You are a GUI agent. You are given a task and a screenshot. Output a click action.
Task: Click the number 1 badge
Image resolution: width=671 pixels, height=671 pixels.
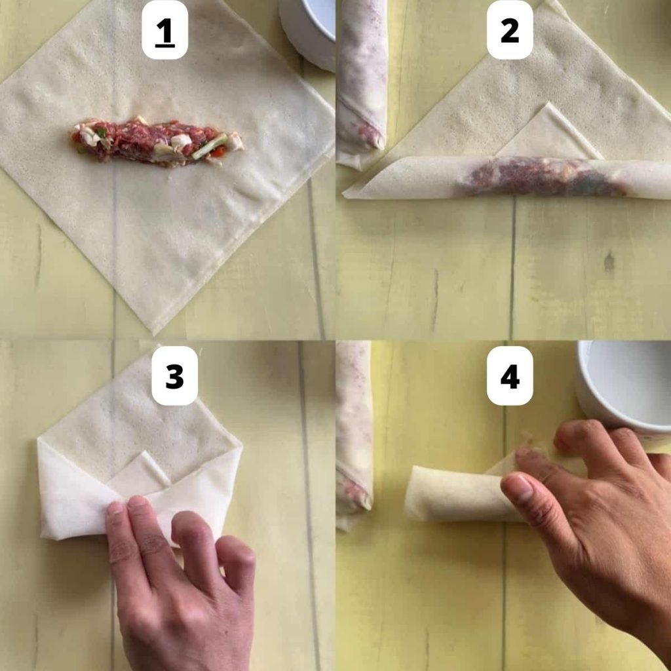click(164, 30)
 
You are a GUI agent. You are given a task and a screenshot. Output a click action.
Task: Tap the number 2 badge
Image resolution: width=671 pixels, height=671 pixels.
click(509, 30)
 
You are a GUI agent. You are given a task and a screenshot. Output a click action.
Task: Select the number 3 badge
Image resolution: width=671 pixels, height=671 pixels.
click(174, 375)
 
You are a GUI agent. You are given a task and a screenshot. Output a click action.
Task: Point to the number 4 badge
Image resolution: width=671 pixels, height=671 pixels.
click(509, 375)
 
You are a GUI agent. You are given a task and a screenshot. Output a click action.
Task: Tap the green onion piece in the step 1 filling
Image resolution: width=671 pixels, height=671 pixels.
click(211, 146)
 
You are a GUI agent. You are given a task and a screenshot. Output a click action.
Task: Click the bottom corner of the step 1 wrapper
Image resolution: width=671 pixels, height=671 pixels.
click(155, 330)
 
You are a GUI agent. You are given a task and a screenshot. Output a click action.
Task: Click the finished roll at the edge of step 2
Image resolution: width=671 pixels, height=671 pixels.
click(362, 79)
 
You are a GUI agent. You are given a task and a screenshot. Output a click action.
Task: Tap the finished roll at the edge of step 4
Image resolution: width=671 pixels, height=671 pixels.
click(354, 432)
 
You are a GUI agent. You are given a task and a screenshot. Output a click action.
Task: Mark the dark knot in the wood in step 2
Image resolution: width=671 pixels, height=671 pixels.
click(609, 262)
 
